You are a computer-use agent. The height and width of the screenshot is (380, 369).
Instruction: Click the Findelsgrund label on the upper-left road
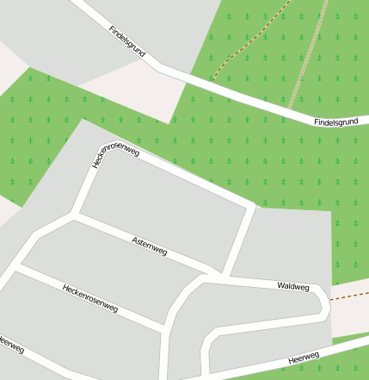click(x=127, y=41)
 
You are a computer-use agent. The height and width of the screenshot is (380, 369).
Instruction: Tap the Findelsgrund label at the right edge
click(x=335, y=122)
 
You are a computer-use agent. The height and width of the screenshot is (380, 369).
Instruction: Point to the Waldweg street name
click(x=292, y=285)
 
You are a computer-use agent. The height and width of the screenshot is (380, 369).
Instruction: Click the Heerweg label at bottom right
click(x=304, y=357)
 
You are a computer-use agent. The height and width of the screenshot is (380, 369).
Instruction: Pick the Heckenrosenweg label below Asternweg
click(x=89, y=296)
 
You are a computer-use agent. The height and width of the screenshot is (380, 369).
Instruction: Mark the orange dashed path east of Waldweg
click(x=350, y=296)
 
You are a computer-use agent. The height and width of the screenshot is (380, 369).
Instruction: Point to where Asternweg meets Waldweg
click(x=210, y=276)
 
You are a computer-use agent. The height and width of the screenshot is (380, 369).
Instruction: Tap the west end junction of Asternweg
click(x=74, y=216)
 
